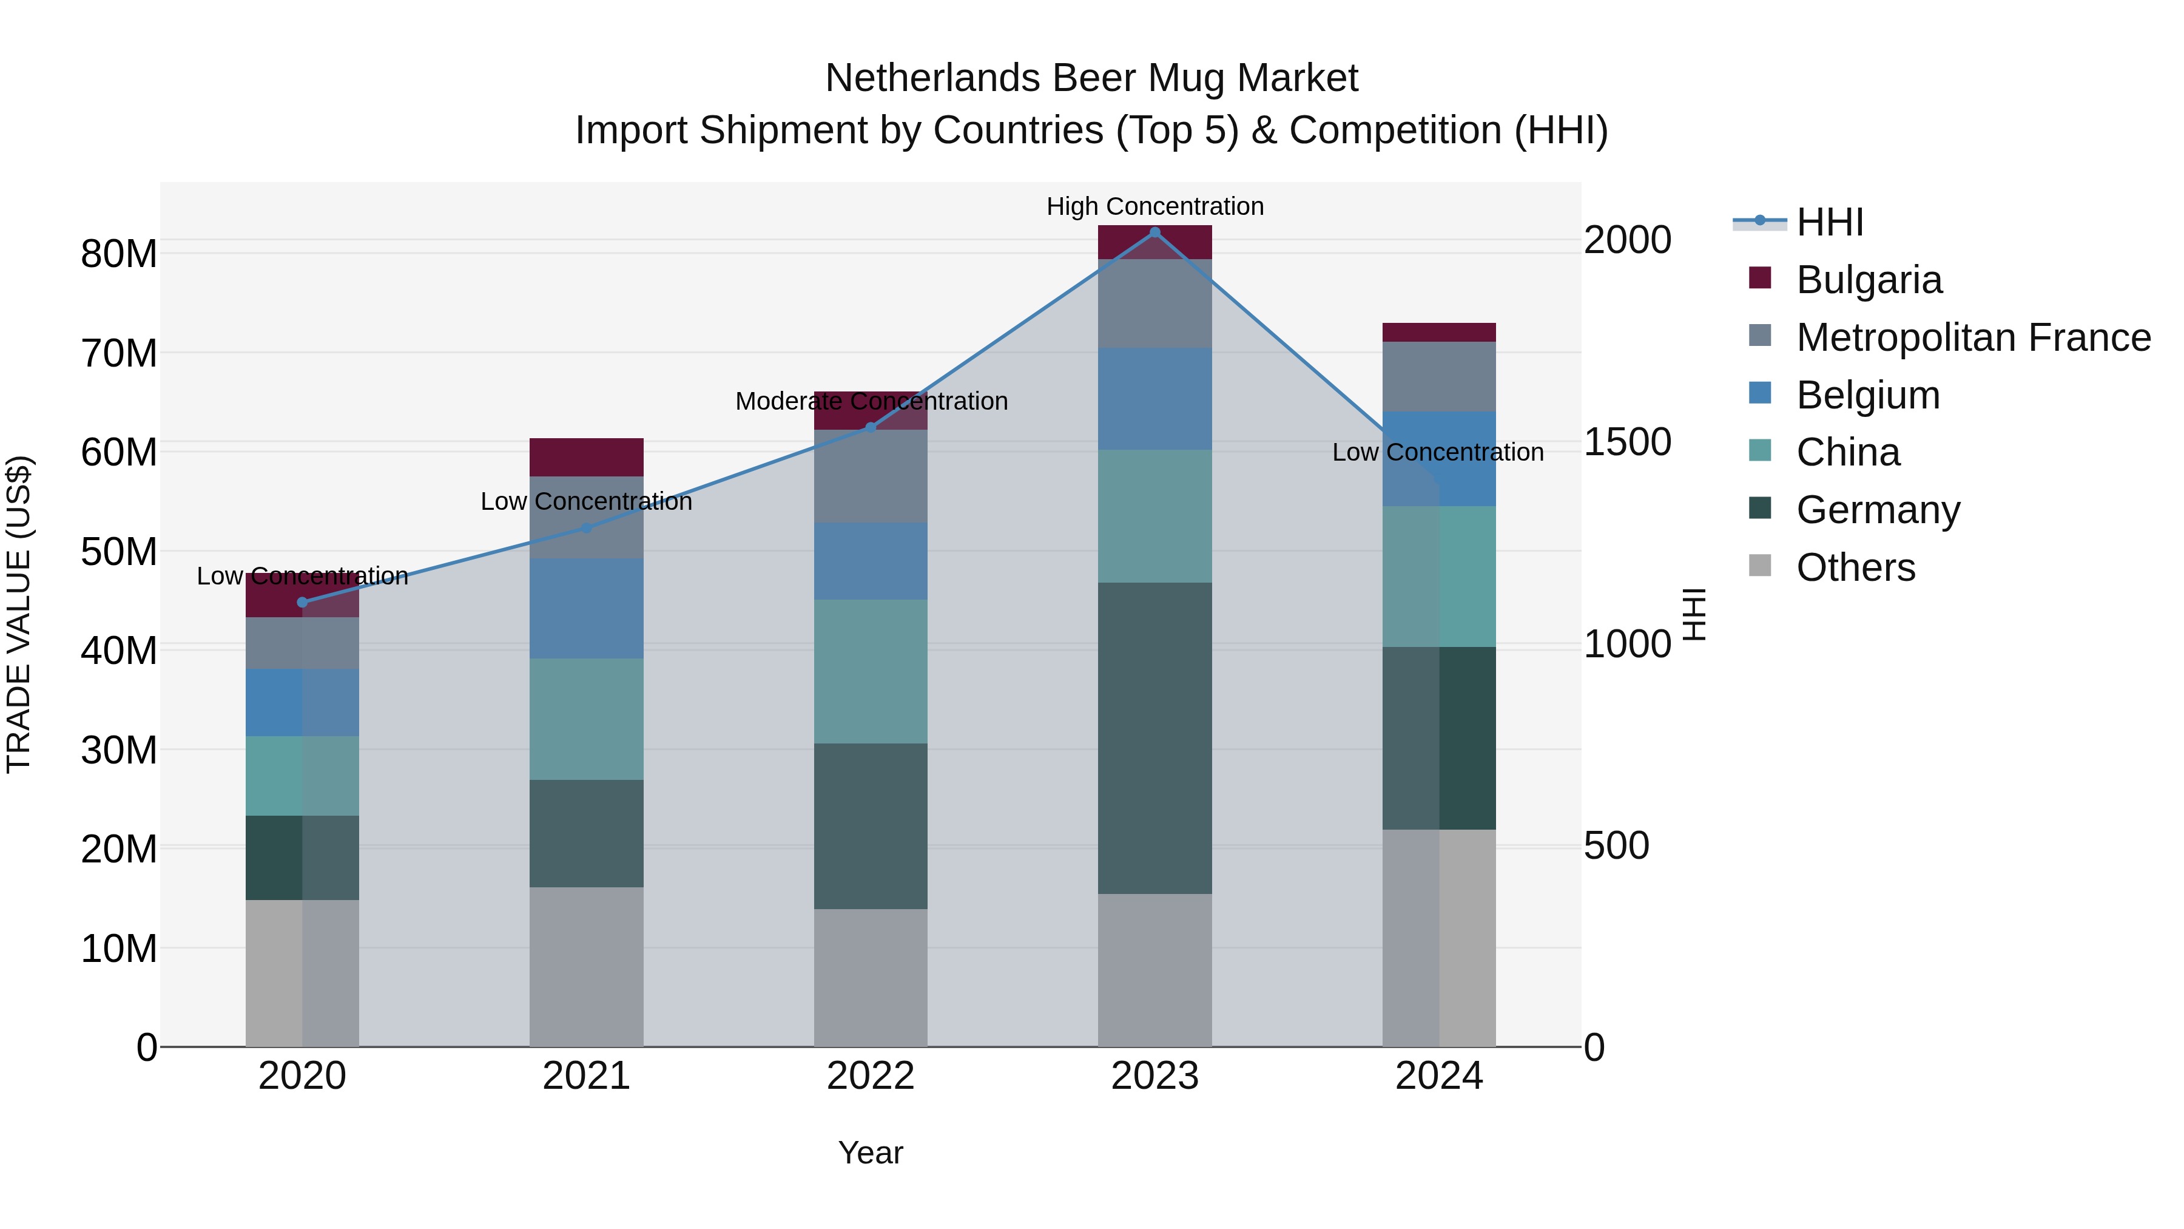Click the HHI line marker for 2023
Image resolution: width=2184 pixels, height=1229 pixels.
(1154, 232)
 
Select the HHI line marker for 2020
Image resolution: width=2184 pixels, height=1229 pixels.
(303, 602)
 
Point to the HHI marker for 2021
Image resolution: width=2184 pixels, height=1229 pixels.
(586, 527)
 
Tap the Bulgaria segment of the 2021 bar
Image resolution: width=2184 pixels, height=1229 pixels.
(586, 457)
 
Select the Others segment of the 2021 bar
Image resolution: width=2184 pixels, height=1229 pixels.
(586, 966)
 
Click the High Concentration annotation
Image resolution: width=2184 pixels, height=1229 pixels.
(1154, 206)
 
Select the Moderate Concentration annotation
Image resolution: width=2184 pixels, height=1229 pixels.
(871, 401)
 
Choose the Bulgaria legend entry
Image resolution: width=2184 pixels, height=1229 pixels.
(1868, 280)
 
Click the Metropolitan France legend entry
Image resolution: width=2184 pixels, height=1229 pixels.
(1972, 337)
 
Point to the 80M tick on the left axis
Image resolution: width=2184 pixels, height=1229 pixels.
(119, 254)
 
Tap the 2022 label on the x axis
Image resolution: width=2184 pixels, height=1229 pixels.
(870, 1076)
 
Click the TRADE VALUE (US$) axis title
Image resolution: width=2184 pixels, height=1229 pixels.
(19, 614)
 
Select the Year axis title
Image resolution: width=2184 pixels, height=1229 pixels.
(870, 1153)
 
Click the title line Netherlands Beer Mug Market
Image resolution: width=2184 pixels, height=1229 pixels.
(1091, 78)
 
